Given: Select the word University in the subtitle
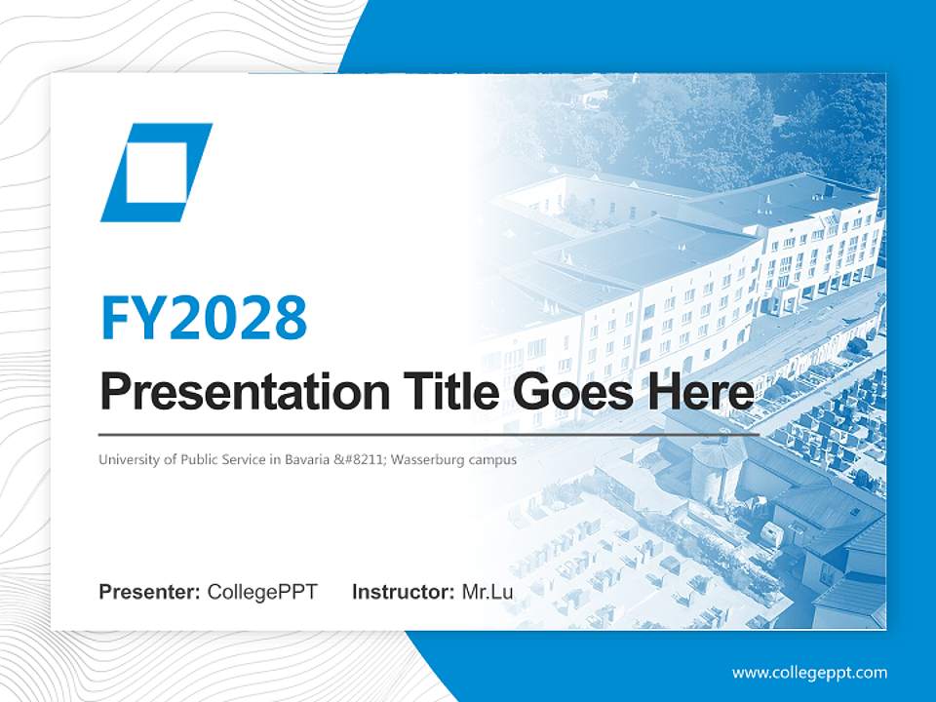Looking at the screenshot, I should [125, 459].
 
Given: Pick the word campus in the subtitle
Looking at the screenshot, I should [494, 459].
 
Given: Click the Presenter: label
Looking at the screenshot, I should [150, 592].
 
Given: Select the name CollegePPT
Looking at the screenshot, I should [262, 592].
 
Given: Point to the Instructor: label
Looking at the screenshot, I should [403, 592].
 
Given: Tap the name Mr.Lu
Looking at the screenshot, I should [487, 592].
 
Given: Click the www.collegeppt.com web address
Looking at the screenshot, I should [809, 673].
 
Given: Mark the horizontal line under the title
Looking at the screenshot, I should [429, 434].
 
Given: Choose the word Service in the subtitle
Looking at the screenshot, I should [244, 459].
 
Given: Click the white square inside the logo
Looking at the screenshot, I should [156, 172].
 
